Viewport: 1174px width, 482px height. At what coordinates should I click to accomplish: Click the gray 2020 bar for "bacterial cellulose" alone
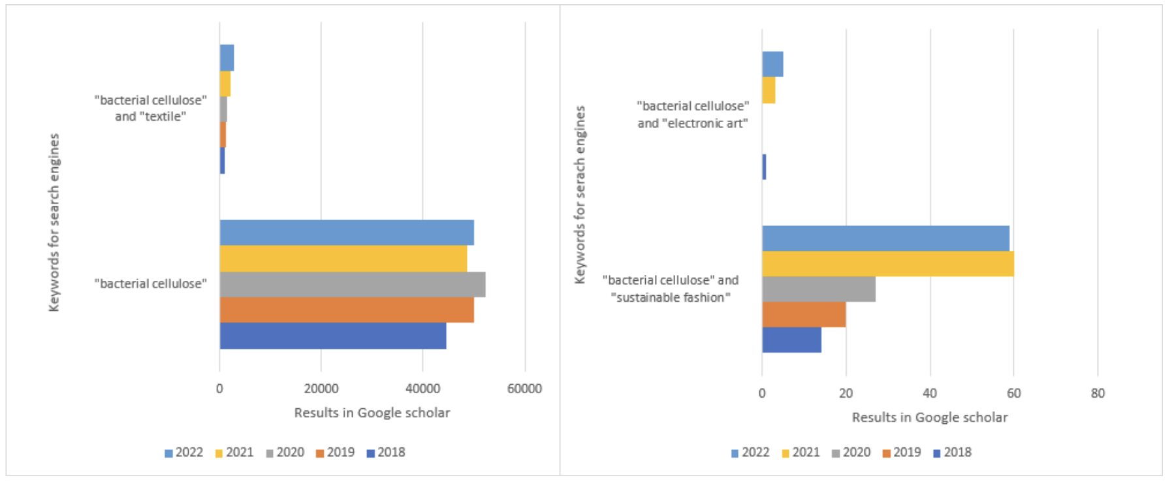(x=352, y=285)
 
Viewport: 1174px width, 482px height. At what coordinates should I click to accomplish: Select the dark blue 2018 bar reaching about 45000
(x=332, y=336)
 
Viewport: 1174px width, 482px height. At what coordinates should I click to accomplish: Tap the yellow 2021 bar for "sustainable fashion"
(x=887, y=264)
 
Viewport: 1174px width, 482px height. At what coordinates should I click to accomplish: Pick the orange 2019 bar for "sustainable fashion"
(x=803, y=315)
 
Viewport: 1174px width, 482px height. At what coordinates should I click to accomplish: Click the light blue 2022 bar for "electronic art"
(x=772, y=64)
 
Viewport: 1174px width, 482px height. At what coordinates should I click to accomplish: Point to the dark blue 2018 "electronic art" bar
(x=764, y=167)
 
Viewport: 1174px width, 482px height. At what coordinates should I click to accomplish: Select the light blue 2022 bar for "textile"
(x=227, y=58)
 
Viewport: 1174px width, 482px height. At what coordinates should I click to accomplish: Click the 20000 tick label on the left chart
(x=321, y=389)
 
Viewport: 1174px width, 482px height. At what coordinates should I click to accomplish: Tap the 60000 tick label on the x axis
(x=524, y=389)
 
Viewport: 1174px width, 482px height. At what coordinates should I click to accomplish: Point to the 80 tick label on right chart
(x=1098, y=393)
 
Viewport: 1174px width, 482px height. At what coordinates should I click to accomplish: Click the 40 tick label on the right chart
(x=929, y=393)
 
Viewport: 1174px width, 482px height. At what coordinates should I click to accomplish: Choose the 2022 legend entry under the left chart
(x=183, y=453)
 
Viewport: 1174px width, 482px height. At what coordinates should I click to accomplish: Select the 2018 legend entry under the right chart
(x=952, y=453)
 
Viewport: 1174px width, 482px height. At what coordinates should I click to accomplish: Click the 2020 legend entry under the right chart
(x=851, y=453)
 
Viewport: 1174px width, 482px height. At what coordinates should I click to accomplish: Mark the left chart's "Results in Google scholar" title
(x=372, y=413)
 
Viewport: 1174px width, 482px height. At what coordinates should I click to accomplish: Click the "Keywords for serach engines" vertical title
(x=580, y=195)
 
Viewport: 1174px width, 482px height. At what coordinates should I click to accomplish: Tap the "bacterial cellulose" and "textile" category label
(x=151, y=108)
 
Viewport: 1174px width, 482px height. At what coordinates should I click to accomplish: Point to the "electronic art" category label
(x=693, y=114)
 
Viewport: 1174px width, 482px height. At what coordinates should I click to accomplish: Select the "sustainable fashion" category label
(x=671, y=289)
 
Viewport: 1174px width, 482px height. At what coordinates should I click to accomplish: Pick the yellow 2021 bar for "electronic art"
(x=769, y=90)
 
